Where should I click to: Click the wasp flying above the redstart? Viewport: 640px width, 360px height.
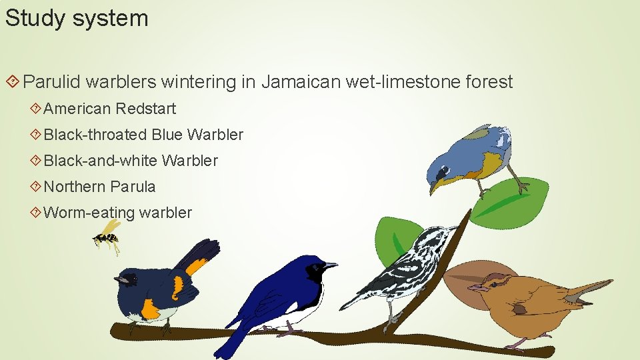pyautogui.click(x=107, y=237)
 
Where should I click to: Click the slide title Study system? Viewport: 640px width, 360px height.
pyautogui.click(x=77, y=18)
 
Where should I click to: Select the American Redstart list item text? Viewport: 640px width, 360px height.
pyautogui.click(x=110, y=108)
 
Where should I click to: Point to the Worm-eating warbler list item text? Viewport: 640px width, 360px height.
pyautogui.click(x=117, y=213)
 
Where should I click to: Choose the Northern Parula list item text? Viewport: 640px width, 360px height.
pyautogui.click(x=99, y=187)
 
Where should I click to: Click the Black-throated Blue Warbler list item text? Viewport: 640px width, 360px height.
pyautogui.click(x=143, y=134)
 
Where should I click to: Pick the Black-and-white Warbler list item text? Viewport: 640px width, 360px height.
pyautogui.click(x=131, y=161)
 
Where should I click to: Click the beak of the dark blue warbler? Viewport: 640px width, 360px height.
pyautogui.click(x=330, y=266)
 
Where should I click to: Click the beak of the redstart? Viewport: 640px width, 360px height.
pyautogui.click(x=118, y=279)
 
